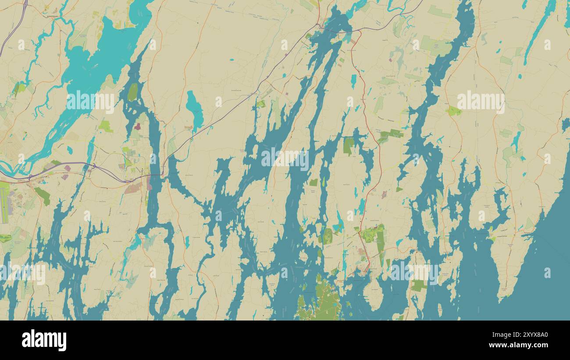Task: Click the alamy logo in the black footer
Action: [x=44, y=340]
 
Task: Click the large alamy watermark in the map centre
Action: [x=285, y=159]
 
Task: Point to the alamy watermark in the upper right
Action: [x=481, y=102]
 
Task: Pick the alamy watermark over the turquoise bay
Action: [x=90, y=102]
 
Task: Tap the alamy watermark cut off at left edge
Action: [x=22, y=273]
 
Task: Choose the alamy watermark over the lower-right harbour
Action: [x=414, y=273]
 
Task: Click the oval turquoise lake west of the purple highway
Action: [x=194, y=107]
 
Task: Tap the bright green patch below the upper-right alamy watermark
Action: [x=454, y=111]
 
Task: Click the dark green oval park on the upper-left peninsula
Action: [x=132, y=92]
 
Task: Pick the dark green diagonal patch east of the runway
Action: [x=43, y=196]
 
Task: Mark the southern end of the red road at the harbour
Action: [x=368, y=269]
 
